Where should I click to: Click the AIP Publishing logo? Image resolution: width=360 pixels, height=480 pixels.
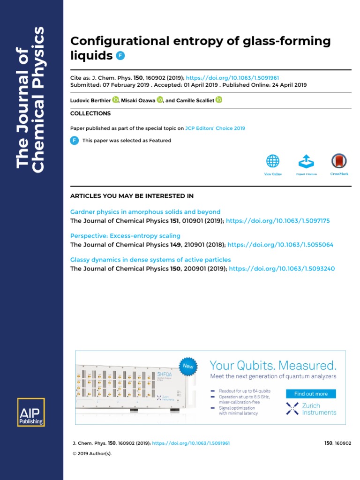[31, 412]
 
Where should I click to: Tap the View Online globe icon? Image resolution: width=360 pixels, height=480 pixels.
[273, 162]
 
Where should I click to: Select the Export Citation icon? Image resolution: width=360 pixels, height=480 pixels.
[306, 162]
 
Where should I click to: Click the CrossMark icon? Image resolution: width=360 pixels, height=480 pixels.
[339, 162]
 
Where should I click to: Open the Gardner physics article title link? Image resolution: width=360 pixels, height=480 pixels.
[145, 212]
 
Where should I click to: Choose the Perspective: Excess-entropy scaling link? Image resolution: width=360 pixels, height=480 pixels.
[125, 236]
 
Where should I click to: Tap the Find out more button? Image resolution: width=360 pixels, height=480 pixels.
[311, 394]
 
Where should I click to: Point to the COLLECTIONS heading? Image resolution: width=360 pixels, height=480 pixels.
[90, 113]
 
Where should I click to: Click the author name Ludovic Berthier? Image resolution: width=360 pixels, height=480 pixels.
[90, 100]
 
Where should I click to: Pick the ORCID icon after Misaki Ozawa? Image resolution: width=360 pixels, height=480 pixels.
[160, 100]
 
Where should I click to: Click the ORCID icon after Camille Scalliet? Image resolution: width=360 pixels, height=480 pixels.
[219, 100]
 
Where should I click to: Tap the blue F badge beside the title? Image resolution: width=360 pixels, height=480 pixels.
[120, 55]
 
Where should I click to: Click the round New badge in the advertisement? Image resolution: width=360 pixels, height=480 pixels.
[187, 366]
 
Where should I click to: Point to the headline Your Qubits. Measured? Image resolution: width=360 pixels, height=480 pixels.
[273, 366]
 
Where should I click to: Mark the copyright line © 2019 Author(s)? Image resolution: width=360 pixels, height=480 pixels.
[92, 454]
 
